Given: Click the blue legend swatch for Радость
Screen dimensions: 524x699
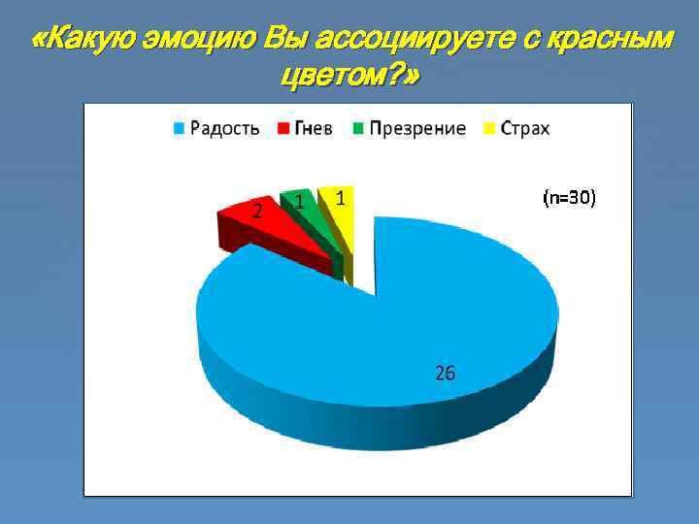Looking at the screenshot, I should tap(180, 129).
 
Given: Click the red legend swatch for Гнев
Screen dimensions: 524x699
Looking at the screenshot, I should tap(283, 129).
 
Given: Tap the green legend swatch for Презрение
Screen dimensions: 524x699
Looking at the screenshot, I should tap(359, 129).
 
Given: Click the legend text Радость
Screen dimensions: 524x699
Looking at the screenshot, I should tap(224, 129).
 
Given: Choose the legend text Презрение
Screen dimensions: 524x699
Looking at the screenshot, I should tap(417, 129).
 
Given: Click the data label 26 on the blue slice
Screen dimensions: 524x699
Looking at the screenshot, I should tap(445, 373).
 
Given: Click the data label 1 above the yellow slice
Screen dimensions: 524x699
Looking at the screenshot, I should tap(340, 198).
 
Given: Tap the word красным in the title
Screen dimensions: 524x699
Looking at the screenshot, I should tap(603, 41).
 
